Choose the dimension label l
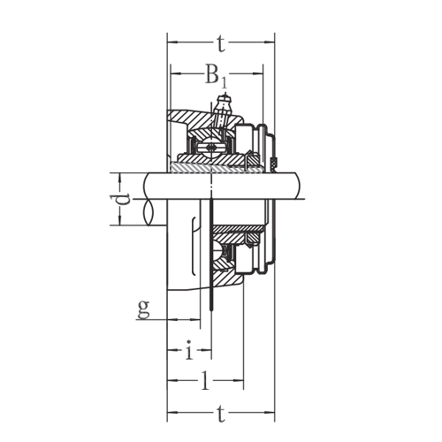tap(206, 382)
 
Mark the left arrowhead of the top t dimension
tap(172, 41)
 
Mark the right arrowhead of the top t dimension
tap(271, 41)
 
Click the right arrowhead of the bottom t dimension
tap(271, 412)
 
